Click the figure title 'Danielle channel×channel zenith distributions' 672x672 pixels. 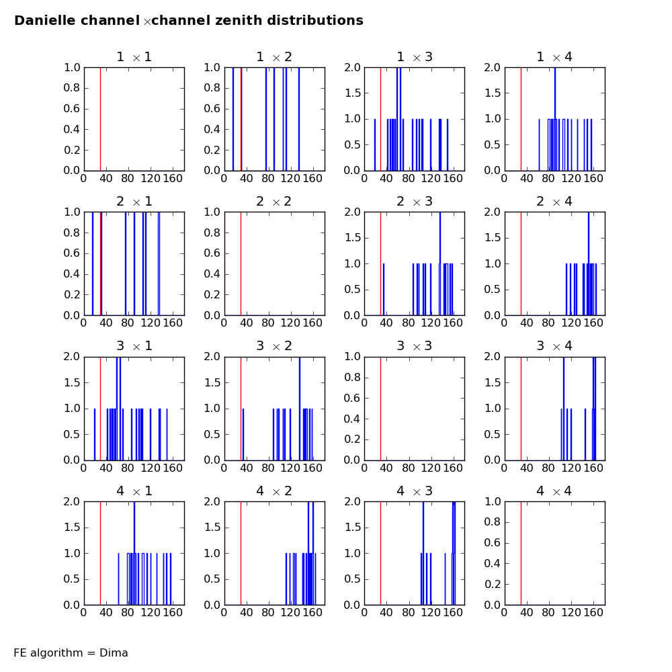[189, 21]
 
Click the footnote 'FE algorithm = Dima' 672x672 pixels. [71, 653]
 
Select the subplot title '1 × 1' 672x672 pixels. [134, 57]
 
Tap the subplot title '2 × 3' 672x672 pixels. [415, 202]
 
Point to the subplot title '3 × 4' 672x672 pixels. [555, 346]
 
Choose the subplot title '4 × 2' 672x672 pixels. [274, 491]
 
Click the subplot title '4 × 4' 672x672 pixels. [555, 491]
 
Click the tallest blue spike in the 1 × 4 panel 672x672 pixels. [554, 94]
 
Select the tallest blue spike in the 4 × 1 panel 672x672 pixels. [134, 531]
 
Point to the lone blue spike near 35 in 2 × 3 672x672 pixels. [384, 289]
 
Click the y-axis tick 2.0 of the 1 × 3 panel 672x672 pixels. [352, 67]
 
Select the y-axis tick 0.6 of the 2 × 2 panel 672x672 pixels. [212, 253]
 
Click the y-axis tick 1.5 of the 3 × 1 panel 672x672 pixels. [71, 382]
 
